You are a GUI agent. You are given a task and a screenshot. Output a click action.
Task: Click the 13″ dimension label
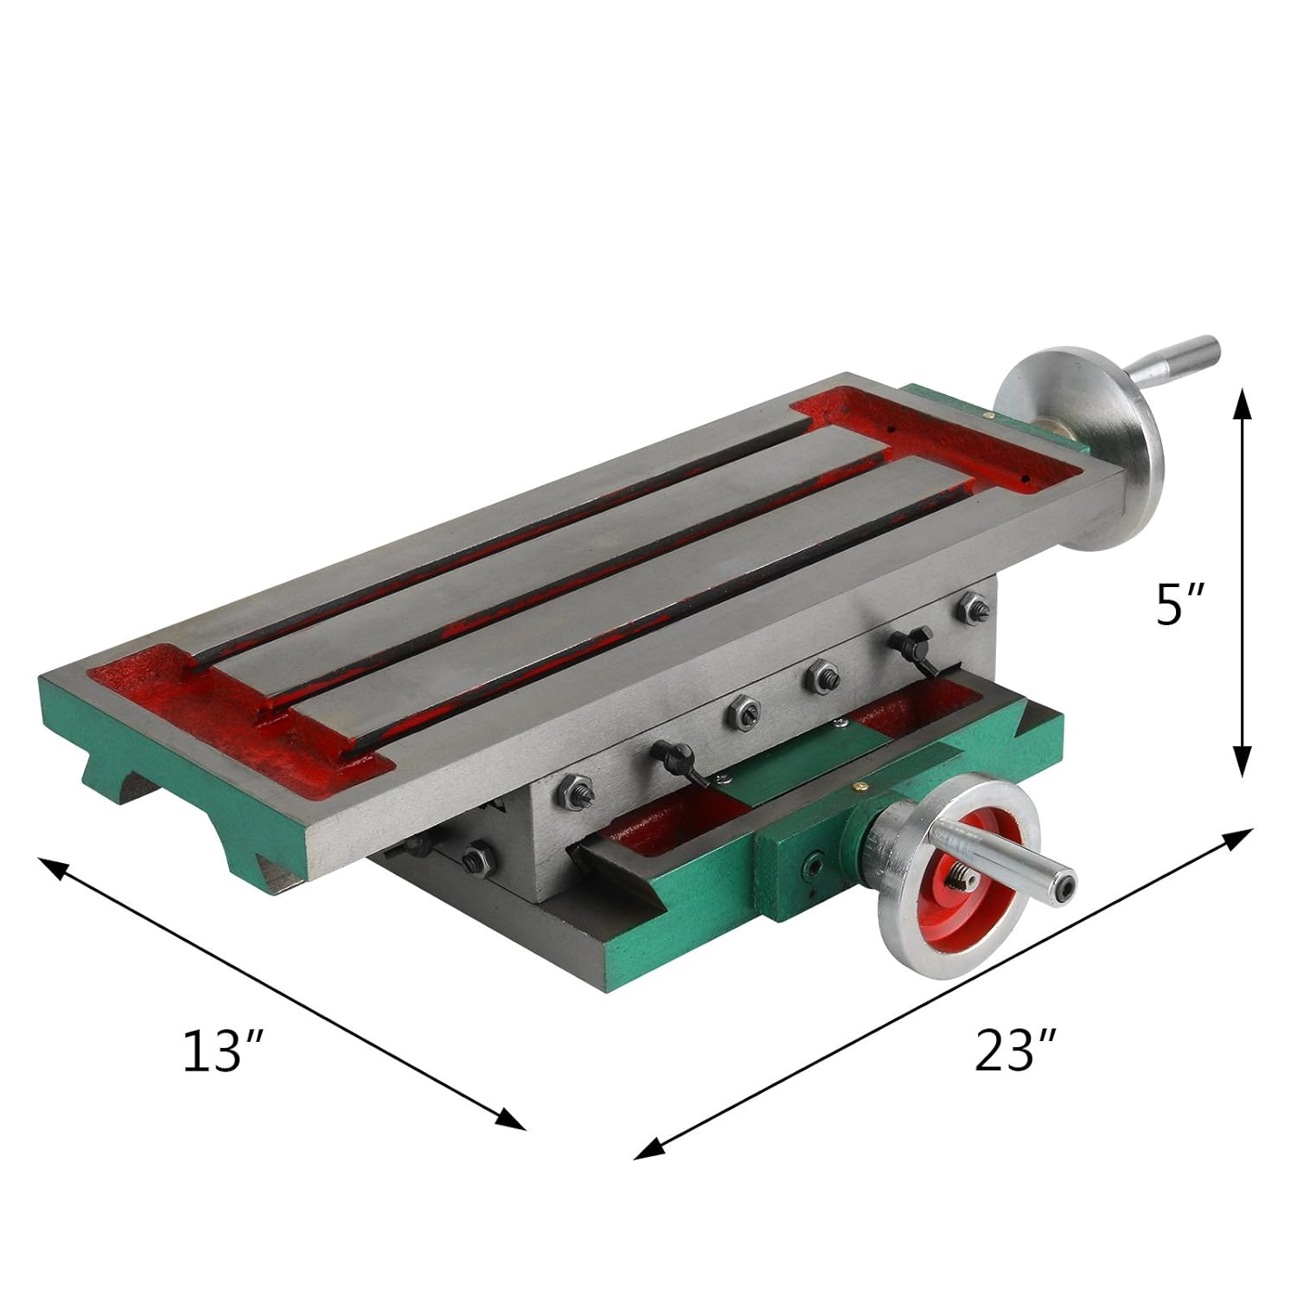point(221,1051)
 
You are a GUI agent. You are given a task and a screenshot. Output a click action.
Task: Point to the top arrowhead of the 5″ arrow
point(1242,403)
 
